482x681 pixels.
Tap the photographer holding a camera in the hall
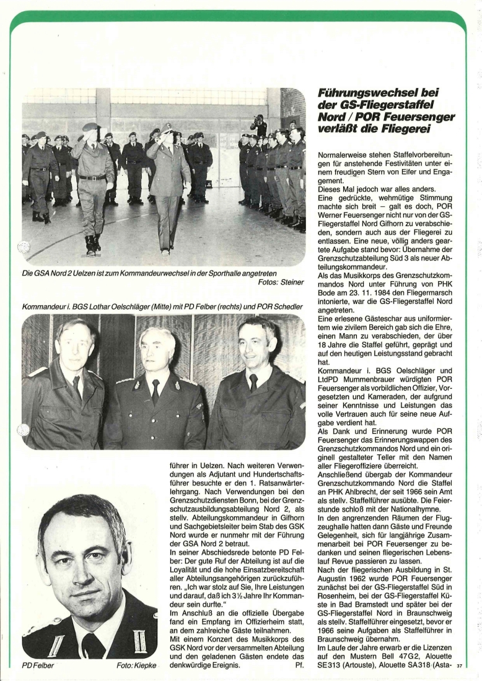(x=260, y=126)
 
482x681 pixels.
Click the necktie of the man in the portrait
(x=93, y=643)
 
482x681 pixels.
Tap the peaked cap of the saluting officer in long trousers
(x=165, y=128)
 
